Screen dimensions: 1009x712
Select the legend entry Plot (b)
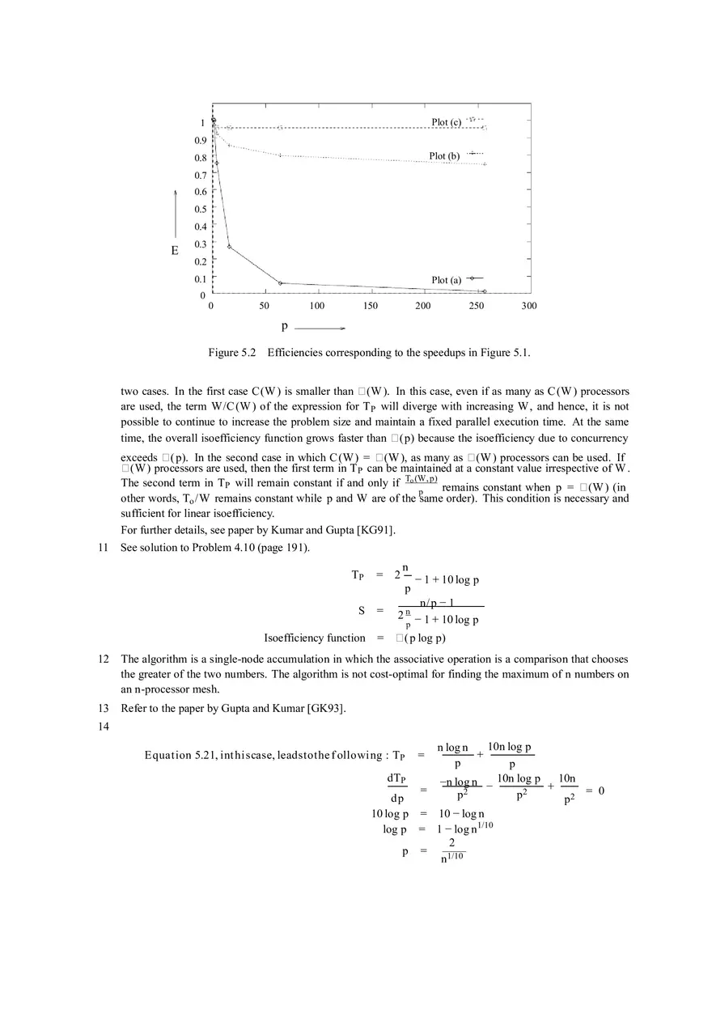tap(444, 155)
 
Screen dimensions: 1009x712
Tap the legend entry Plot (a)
tap(446, 280)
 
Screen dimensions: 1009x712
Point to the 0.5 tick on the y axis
tap(200, 209)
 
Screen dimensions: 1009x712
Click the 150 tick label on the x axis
tap(370, 306)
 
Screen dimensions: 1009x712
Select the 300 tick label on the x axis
tap(528, 306)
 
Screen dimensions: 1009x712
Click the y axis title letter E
tap(175, 251)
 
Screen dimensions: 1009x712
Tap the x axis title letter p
tap(285, 326)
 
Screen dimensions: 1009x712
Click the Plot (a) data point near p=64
tap(280, 283)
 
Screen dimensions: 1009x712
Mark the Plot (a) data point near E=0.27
tap(230, 246)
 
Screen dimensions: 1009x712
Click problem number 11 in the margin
tap(103, 548)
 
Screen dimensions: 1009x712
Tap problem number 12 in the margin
tap(103, 659)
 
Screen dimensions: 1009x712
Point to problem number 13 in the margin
tap(103, 709)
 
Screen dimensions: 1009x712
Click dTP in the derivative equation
tap(396, 778)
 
